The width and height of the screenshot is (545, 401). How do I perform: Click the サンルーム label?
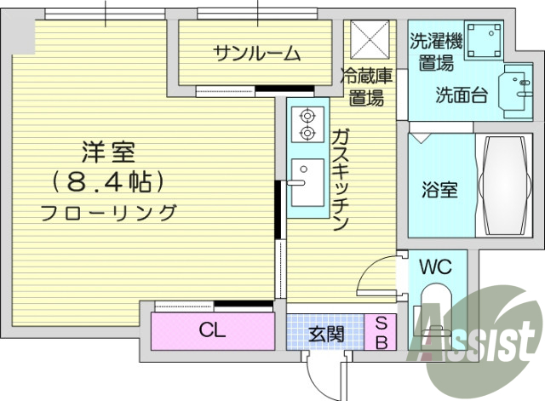point(256,54)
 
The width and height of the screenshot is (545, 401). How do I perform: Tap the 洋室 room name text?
point(108,154)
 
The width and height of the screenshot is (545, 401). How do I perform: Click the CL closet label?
point(212,330)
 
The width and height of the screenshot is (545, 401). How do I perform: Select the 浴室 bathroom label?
point(440,189)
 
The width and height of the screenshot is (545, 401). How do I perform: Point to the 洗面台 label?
point(462,95)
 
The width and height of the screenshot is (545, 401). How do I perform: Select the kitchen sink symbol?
point(305,181)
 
